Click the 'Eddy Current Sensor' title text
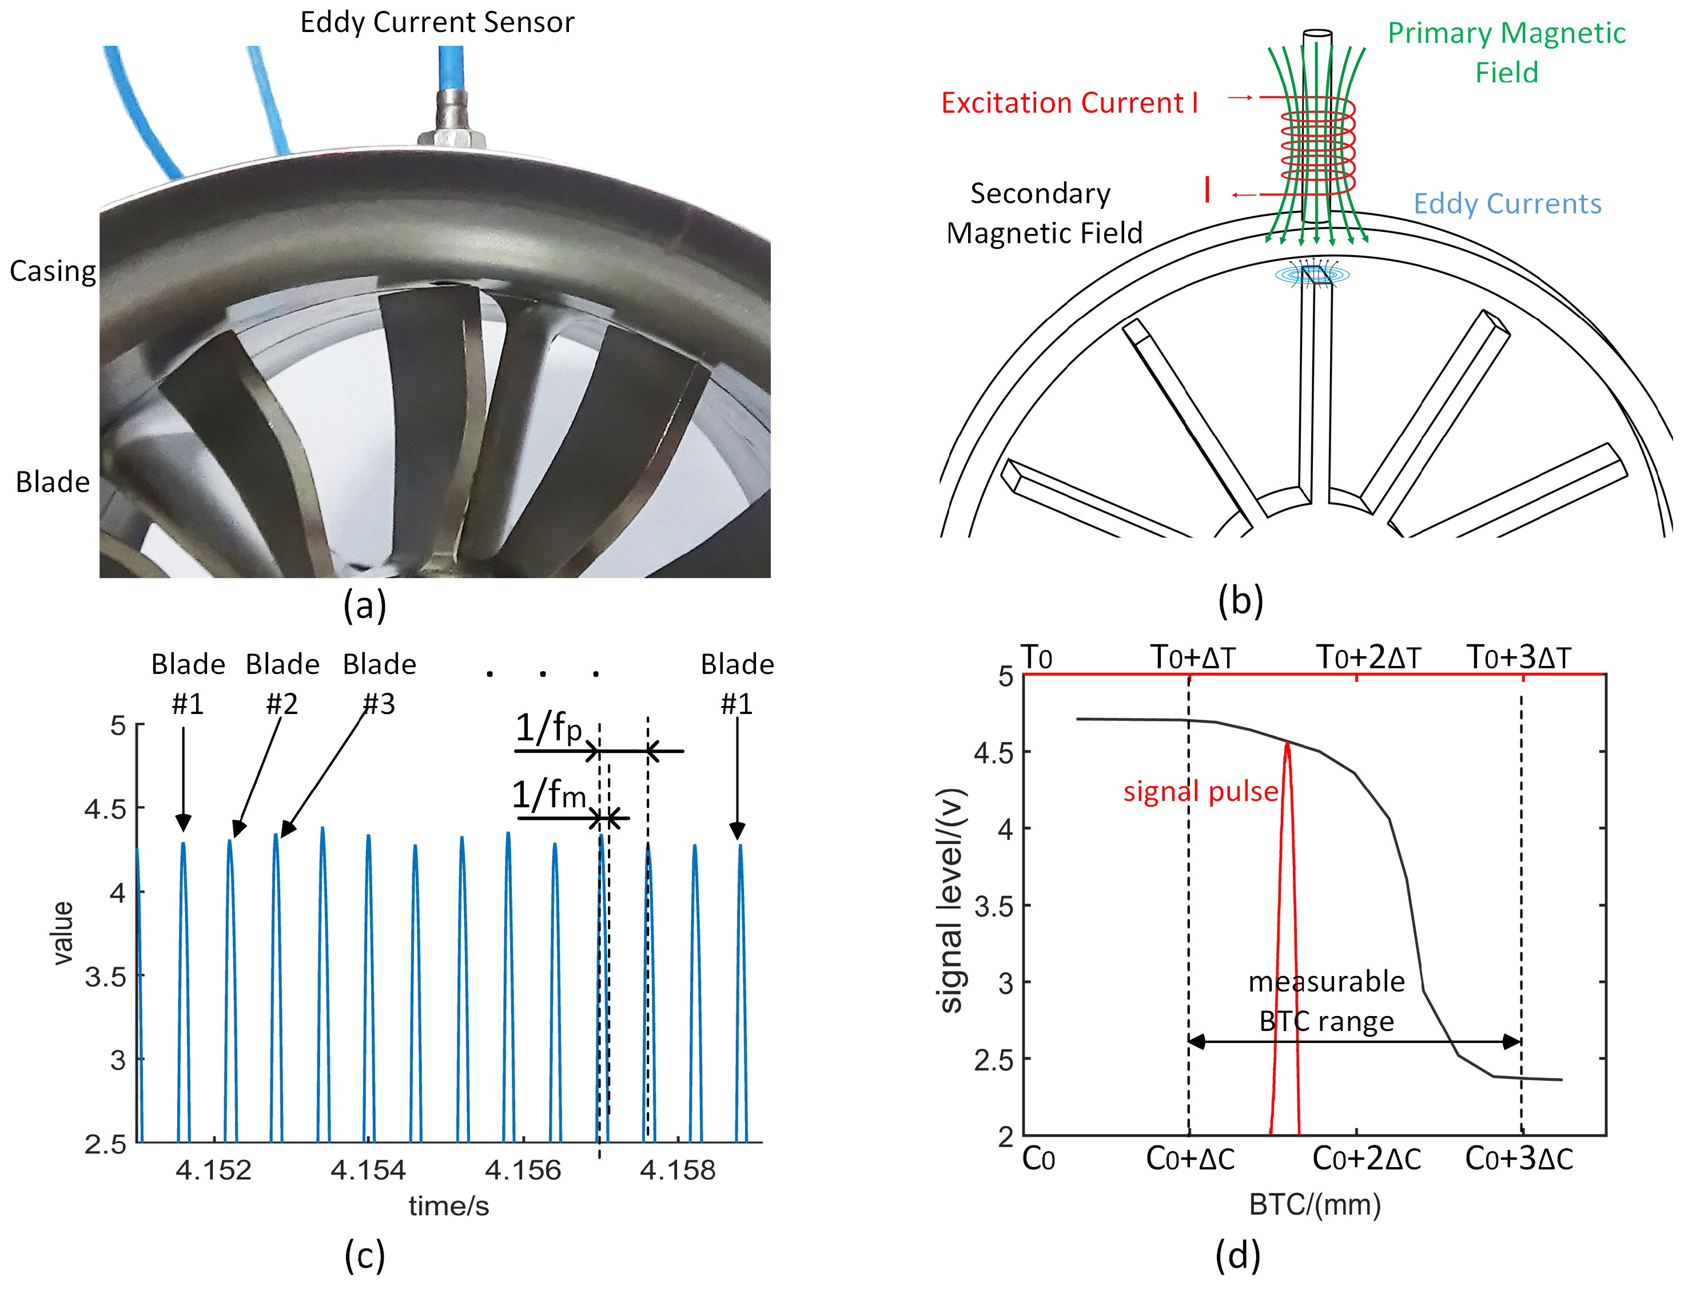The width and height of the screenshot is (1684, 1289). tap(436, 22)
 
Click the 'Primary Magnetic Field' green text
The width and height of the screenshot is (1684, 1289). tap(1506, 52)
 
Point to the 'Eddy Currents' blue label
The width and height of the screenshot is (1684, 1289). tap(1507, 204)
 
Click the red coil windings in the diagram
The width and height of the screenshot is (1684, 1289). tap(1317, 146)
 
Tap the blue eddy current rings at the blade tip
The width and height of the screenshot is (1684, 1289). tap(1312, 274)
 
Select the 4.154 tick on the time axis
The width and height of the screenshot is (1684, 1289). tap(368, 1170)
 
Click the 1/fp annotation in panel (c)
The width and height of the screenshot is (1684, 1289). tap(548, 727)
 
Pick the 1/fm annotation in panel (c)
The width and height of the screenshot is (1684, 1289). tap(548, 794)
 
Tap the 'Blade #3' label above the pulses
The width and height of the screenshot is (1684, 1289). tap(379, 683)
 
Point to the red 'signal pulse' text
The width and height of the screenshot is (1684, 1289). tap(1200, 791)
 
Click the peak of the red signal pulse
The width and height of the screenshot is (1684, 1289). tap(1288, 743)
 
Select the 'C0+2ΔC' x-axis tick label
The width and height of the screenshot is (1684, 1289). tap(1367, 1159)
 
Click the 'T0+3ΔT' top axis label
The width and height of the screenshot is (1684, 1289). tap(1518, 657)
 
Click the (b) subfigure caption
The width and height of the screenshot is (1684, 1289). tap(1240, 601)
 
